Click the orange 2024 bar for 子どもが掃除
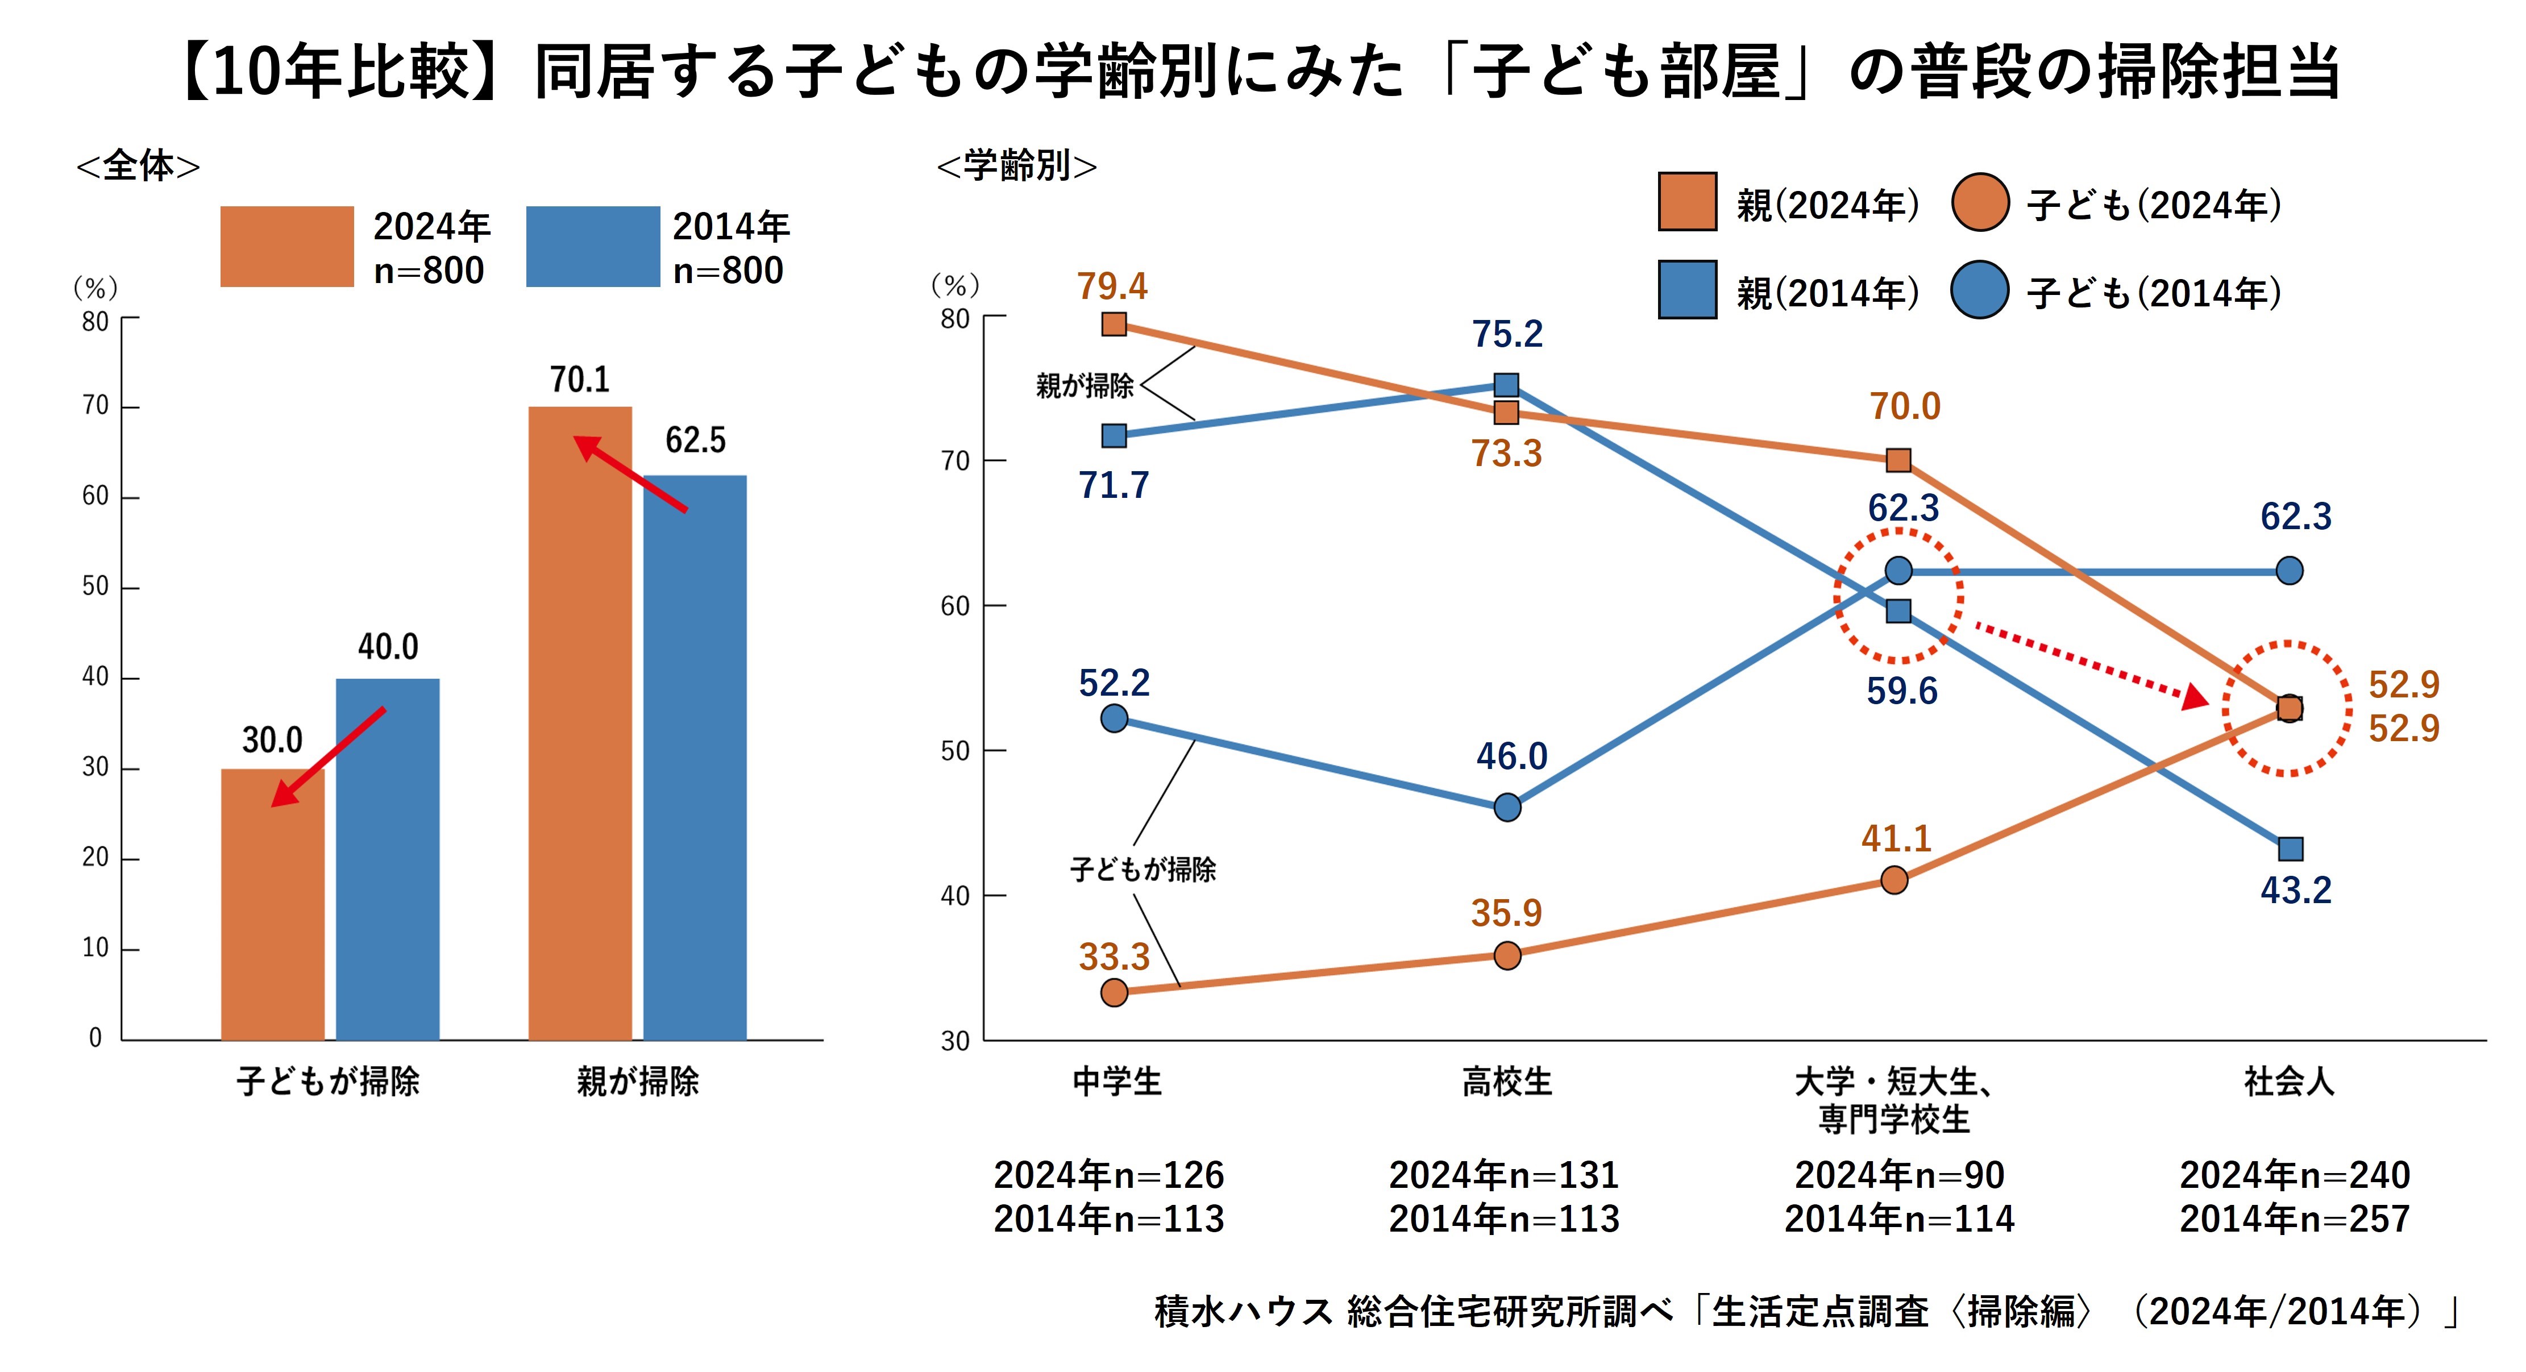tap(273, 904)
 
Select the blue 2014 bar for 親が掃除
tap(694, 757)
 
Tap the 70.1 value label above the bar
tap(580, 380)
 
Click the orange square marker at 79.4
tap(1114, 323)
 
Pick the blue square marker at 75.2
tap(1506, 384)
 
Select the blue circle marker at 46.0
tap(1507, 807)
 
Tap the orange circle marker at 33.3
tap(1114, 992)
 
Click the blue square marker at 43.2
tap(2290, 849)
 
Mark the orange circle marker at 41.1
tap(1894, 880)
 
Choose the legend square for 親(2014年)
tap(1686, 289)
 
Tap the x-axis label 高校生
tap(1507, 1082)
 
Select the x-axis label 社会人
tap(2289, 1082)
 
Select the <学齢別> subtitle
tap(1017, 166)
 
